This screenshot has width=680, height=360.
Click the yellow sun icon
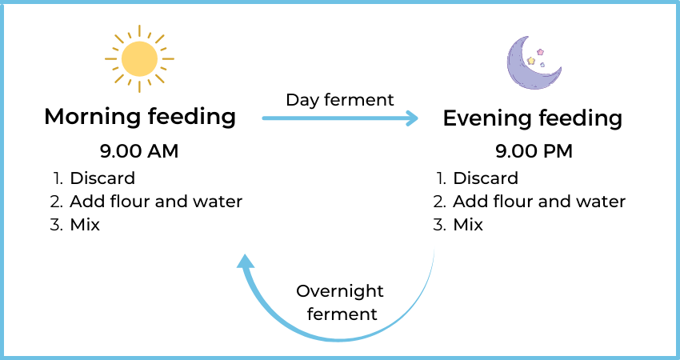coord(139,59)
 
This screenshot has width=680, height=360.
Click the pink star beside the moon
coord(540,52)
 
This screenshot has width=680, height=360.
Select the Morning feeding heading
coord(140,117)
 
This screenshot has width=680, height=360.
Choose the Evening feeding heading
coord(533,118)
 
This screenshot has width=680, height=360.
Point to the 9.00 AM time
coord(139,151)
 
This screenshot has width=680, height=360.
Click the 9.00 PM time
coord(534,151)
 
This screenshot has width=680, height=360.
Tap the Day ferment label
coord(340,100)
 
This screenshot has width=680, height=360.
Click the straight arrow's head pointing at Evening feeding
coord(412,118)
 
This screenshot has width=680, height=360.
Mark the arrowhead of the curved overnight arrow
coord(245,261)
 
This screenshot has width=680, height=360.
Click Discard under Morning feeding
coord(102,178)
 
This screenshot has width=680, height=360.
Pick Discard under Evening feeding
coord(486,178)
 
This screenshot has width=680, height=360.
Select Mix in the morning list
coord(85,225)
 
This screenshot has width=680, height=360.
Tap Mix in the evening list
coord(468,225)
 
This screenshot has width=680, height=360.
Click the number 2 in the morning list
coord(56,202)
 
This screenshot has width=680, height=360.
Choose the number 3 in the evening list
coord(440,225)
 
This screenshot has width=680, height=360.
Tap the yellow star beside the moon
coord(531,60)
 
